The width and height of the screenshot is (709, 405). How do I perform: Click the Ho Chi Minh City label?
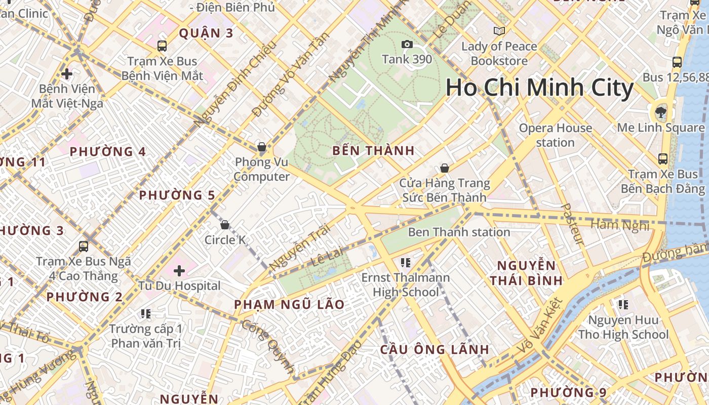[539, 88]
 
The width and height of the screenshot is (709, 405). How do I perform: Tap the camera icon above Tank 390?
[407, 45]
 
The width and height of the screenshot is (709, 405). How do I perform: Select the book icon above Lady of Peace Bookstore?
[499, 31]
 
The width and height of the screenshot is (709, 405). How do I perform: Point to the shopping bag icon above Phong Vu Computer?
[262, 147]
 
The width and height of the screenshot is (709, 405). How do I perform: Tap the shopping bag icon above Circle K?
[225, 225]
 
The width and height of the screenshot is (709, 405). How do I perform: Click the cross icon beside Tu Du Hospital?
[179, 271]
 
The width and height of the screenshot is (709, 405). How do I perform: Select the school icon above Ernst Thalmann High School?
[405, 262]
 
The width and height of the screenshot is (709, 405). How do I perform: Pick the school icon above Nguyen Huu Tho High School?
[623, 305]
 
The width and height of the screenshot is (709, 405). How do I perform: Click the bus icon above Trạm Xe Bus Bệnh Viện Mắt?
[162, 46]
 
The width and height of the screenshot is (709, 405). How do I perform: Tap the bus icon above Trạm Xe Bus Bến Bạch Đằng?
[662, 159]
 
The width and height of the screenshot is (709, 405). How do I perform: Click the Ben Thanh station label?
[459, 232]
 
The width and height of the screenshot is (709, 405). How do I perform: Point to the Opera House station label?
[555, 135]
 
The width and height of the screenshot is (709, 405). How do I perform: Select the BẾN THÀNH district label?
[373, 150]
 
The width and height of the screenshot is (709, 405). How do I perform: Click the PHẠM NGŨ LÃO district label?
[289, 305]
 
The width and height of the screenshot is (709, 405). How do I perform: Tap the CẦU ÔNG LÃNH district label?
[435, 349]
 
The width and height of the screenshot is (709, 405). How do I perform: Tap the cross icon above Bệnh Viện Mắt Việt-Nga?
[67, 74]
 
